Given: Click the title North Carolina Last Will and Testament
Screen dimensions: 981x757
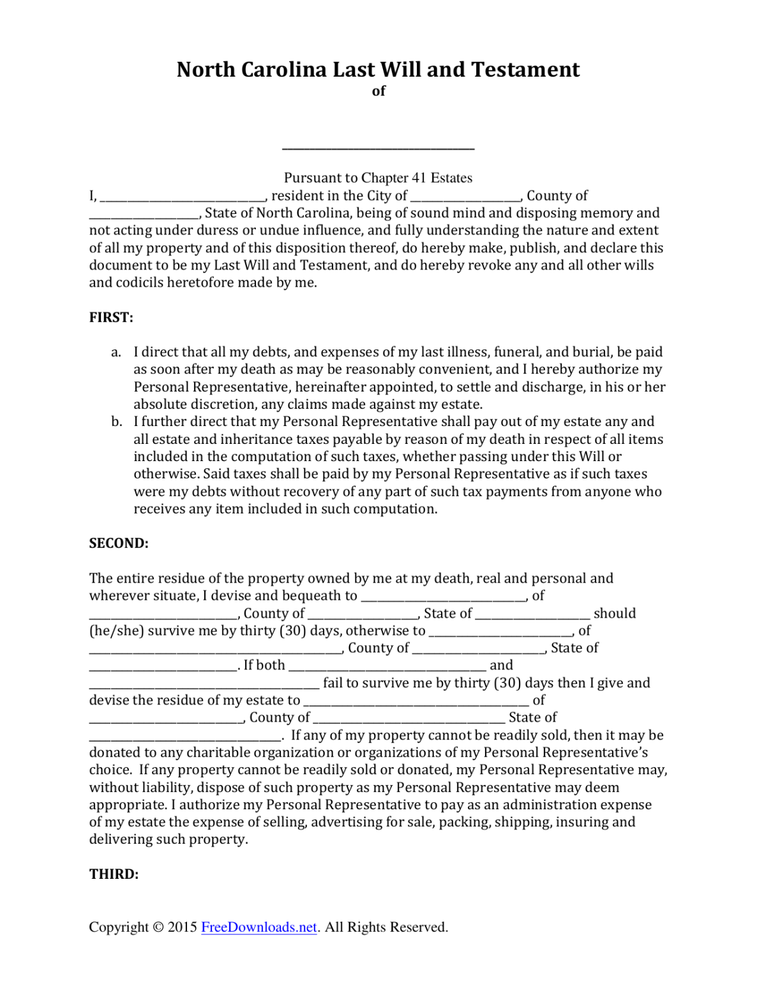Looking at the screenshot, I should tap(378, 69).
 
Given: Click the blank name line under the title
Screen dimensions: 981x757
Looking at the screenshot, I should tap(378, 146).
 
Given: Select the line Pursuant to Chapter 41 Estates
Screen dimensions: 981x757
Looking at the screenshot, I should tap(378, 178).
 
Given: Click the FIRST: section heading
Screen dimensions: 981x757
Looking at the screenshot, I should tap(111, 317).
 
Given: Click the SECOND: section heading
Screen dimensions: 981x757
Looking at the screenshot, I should tap(119, 544).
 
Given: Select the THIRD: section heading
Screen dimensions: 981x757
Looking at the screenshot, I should tap(114, 874).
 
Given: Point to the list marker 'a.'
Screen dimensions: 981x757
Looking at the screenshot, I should tap(116, 353).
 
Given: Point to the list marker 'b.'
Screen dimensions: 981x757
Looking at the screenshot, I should tap(116, 422).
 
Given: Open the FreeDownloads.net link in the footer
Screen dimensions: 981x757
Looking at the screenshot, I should tap(259, 927).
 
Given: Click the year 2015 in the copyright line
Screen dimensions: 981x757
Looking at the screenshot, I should tap(183, 927).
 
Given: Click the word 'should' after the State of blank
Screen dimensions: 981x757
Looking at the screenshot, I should tap(615, 614).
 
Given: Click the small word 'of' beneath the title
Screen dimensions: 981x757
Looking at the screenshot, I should tap(378, 91).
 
